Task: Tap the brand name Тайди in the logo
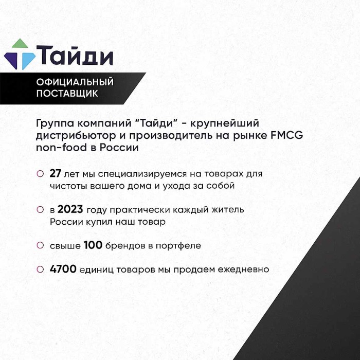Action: [75, 55]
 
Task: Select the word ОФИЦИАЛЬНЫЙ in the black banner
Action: [75, 82]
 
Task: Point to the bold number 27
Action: [56, 174]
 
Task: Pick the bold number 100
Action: [93, 246]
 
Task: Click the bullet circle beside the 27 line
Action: [40, 174]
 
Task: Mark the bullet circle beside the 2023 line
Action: [40, 210]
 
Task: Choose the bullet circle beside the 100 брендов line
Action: [40, 246]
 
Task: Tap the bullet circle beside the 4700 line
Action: [40, 269]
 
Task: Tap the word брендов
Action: [125, 246]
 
